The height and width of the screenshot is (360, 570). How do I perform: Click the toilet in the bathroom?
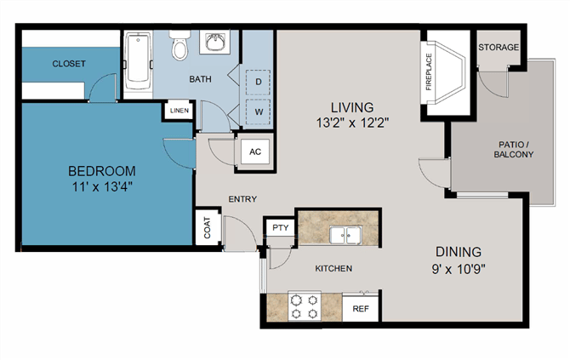(180, 45)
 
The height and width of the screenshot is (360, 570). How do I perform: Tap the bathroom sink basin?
(214, 43)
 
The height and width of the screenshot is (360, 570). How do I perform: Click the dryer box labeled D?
(258, 82)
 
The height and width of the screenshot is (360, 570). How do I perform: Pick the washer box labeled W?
(259, 111)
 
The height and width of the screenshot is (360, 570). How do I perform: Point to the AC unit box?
(255, 151)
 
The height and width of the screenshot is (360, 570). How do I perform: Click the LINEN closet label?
(180, 111)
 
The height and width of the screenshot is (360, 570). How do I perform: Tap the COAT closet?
(208, 227)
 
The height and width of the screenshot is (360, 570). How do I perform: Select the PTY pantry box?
(280, 227)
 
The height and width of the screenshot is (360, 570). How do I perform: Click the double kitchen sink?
(345, 235)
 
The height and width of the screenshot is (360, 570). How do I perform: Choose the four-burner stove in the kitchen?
(305, 306)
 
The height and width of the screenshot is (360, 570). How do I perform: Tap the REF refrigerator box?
(361, 308)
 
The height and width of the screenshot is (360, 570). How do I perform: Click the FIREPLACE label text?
(429, 72)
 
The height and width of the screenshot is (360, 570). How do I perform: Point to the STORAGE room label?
(499, 48)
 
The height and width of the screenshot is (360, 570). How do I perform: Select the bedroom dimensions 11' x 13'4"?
(102, 187)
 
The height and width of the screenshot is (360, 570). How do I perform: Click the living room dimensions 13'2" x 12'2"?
(352, 123)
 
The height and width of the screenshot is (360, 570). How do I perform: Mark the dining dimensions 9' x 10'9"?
(459, 270)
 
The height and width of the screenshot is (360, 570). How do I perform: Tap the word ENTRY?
(242, 199)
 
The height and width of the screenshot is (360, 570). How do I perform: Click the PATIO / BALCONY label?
(513, 150)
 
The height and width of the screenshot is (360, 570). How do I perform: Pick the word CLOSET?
(69, 64)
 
